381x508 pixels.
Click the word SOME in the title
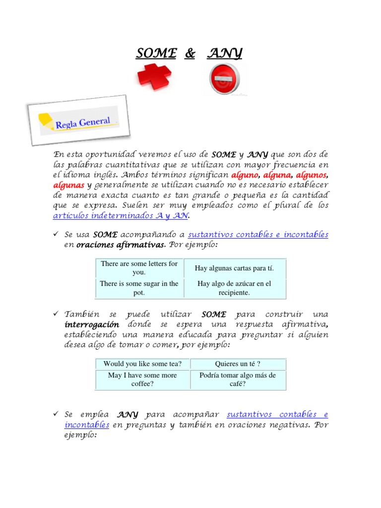click(156, 54)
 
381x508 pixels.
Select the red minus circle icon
click(224, 79)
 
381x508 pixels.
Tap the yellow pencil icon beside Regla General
click(46, 121)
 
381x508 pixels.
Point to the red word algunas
click(68, 185)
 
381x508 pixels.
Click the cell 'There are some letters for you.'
click(139, 268)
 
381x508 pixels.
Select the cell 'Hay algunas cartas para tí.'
click(234, 268)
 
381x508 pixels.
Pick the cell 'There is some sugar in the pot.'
click(139, 288)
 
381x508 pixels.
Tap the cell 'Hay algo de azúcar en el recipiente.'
click(234, 288)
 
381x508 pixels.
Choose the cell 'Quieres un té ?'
click(238, 364)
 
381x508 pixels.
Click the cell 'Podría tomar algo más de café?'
click(238, 380)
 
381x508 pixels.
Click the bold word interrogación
click(92, 324)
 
